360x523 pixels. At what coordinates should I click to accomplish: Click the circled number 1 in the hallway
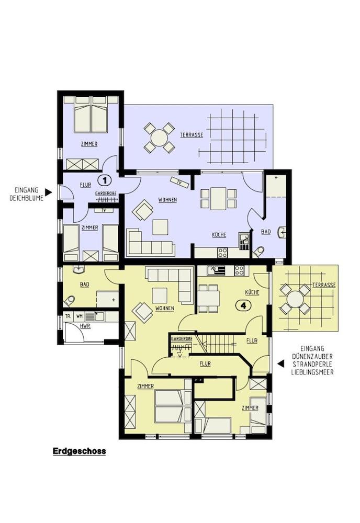(105, 180)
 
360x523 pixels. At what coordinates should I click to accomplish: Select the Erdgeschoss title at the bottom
(79, 451)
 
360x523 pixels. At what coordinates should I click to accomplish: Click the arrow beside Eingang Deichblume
(48, 191)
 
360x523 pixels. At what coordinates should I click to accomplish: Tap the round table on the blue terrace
(159, 138)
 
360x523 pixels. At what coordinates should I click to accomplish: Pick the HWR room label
(84, 326)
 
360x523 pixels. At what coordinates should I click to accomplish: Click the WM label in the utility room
(80, 316)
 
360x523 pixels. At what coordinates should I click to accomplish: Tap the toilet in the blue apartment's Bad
(259, 252)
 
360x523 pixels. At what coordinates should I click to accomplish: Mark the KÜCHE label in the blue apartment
(219, 235)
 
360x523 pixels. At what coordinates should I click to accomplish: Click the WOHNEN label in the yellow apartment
(165, 309)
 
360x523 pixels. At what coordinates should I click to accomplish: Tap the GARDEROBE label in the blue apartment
(106, 193)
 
